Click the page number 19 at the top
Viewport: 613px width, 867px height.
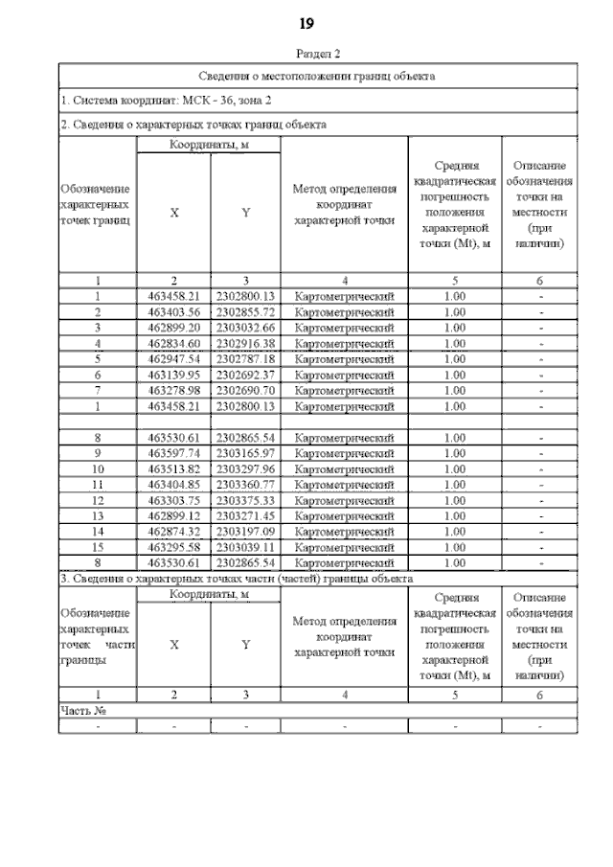[306, 23]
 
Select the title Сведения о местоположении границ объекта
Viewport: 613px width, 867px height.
[317, 75]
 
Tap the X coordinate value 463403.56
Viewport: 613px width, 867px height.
[173, 312]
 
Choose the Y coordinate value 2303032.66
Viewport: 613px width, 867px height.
[245, 328]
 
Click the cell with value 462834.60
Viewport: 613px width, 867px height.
[173, 343]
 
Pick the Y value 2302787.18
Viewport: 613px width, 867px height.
[245, 358]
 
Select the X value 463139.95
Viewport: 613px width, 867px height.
[173, 374]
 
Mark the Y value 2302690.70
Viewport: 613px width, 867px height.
[245, 389]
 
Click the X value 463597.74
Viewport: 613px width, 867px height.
[173, 453]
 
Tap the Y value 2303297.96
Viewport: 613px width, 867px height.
[245, 469]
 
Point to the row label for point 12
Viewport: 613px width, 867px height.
[97, 500]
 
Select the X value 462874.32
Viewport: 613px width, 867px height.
[173, 532]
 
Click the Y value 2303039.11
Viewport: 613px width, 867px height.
[245, 547]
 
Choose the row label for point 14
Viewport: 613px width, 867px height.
[97, 532]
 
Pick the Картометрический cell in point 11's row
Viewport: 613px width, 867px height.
[345, 485]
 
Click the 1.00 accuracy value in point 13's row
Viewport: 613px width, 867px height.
[455, 515]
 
